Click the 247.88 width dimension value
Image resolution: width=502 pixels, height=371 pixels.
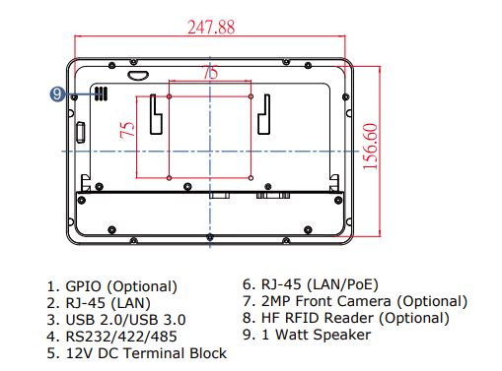211,28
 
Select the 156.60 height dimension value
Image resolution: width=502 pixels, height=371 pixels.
371,147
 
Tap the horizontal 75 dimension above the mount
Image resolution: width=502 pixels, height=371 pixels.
210,72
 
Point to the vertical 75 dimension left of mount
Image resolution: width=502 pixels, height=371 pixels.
127,129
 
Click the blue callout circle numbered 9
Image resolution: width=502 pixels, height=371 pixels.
57,94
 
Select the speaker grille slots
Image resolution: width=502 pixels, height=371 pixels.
102,93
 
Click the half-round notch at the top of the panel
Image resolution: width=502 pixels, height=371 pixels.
138,76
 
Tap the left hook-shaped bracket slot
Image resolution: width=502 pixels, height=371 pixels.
156,114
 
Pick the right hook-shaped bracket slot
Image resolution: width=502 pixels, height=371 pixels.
264,114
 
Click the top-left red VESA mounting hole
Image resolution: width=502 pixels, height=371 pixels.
169,96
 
